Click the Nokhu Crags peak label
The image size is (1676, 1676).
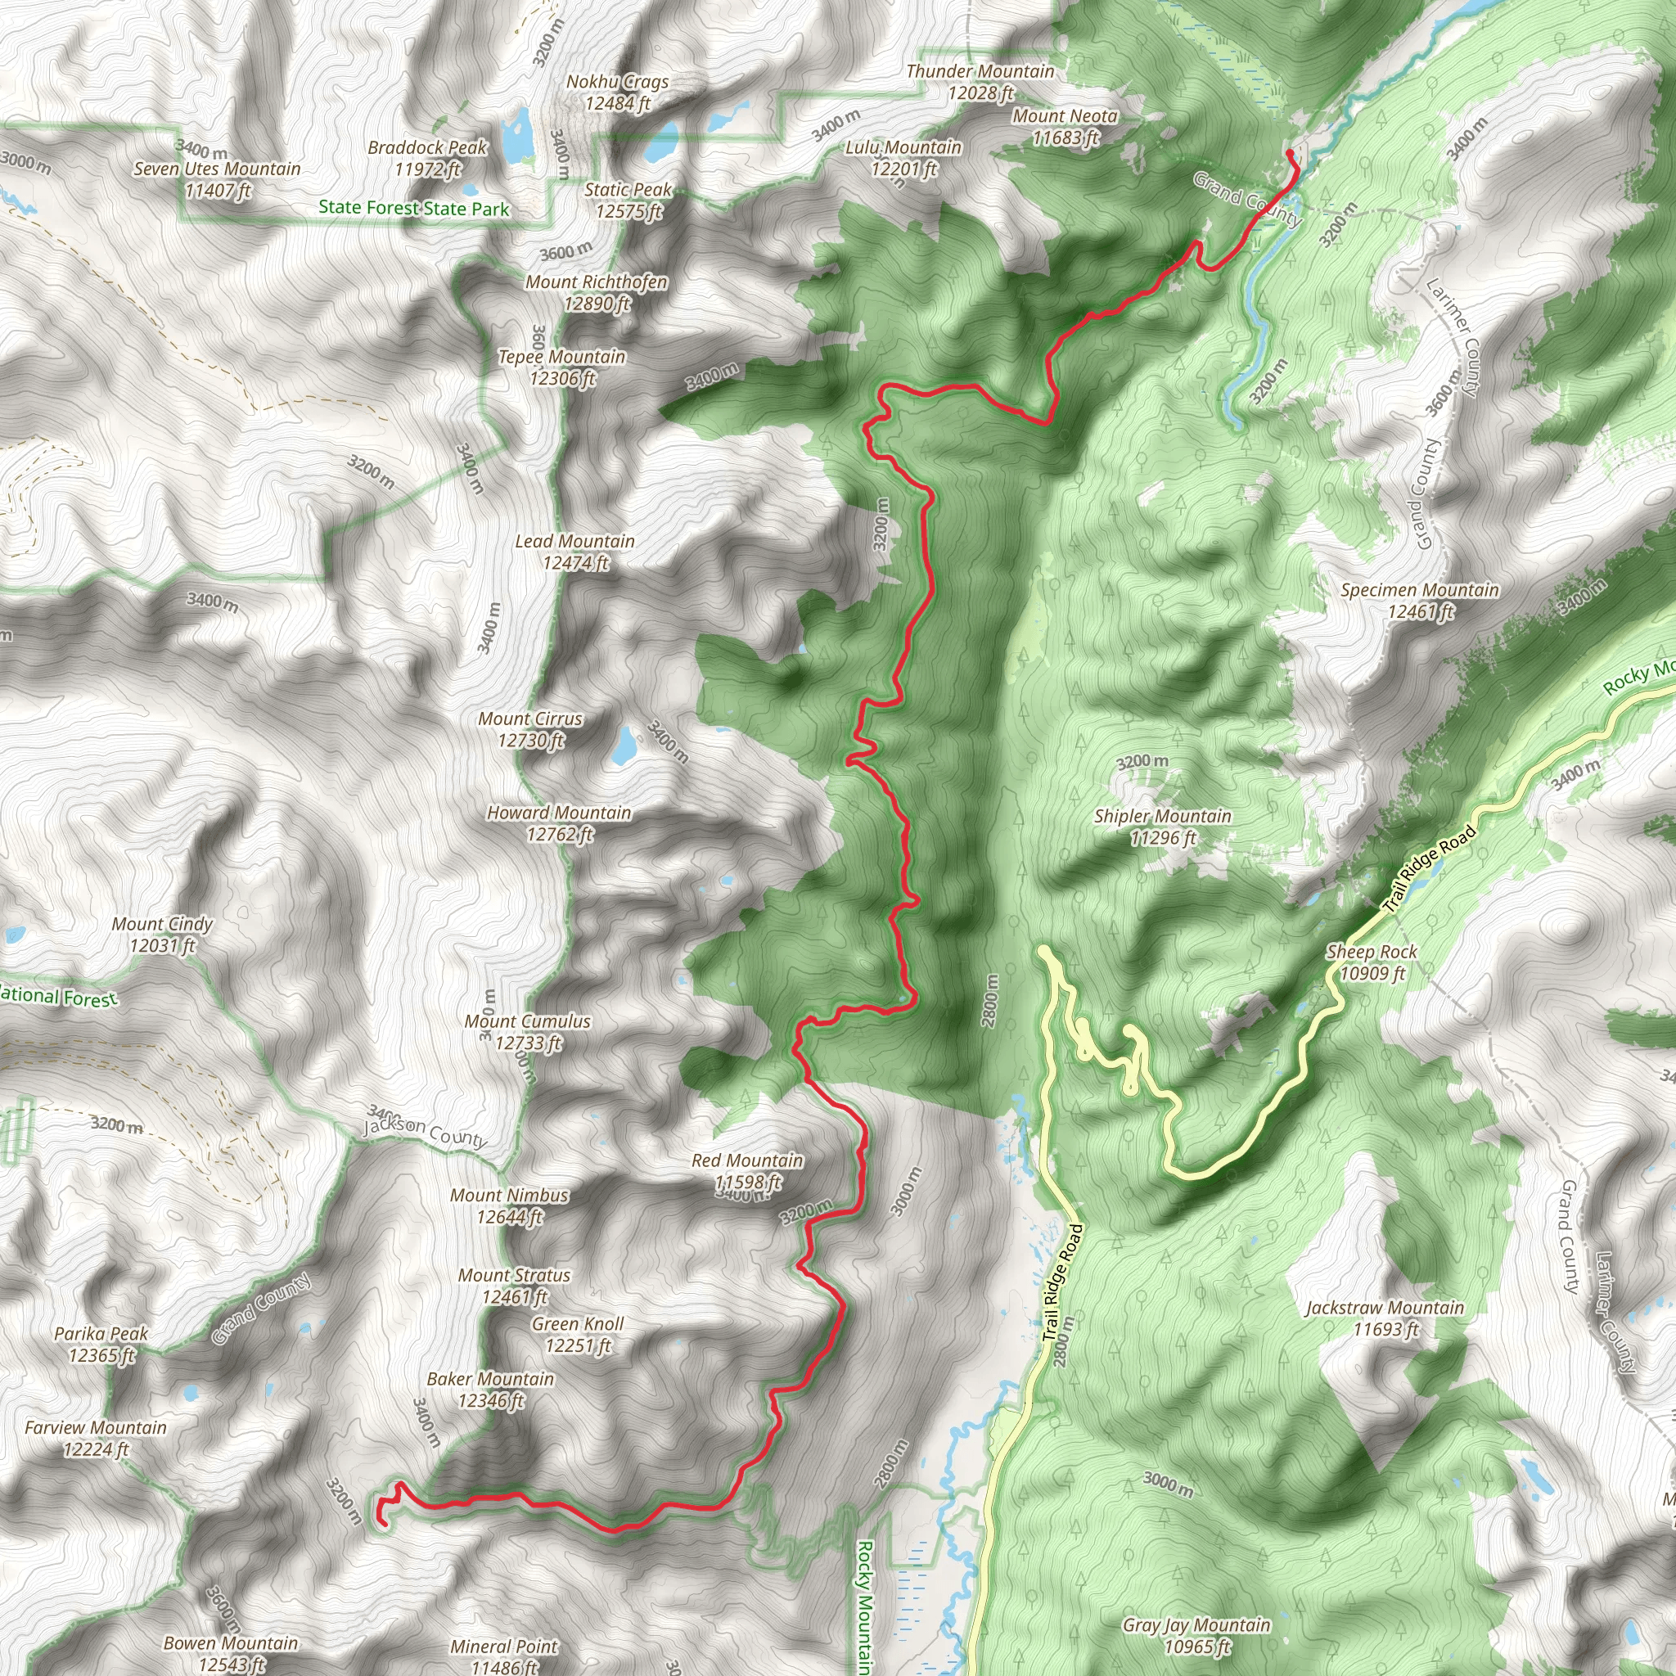click(617, 92)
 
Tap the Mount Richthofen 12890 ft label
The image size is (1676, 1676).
click(596, 292)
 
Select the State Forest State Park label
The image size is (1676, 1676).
click(414, 208)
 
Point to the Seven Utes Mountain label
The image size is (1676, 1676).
click(217, 179)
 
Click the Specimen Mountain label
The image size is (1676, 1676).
click(1419, 601)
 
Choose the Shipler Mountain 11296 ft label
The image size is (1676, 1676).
click(1162, 826)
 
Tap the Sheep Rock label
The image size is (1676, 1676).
click(1372, 962)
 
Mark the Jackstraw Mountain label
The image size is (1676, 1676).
click(1385, 1318)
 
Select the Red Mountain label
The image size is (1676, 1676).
click(747, 1170)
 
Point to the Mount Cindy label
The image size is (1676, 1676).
click(162, 935)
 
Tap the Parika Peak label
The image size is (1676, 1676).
click(101, 1344)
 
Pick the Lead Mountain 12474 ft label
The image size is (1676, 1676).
click(575, 552)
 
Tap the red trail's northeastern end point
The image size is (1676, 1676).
click(1290, 154)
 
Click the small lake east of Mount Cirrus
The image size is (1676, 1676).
click(624, 746)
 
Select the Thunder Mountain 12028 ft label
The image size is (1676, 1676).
click(980, 82)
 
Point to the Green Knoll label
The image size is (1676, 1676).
click(578, 1334)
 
